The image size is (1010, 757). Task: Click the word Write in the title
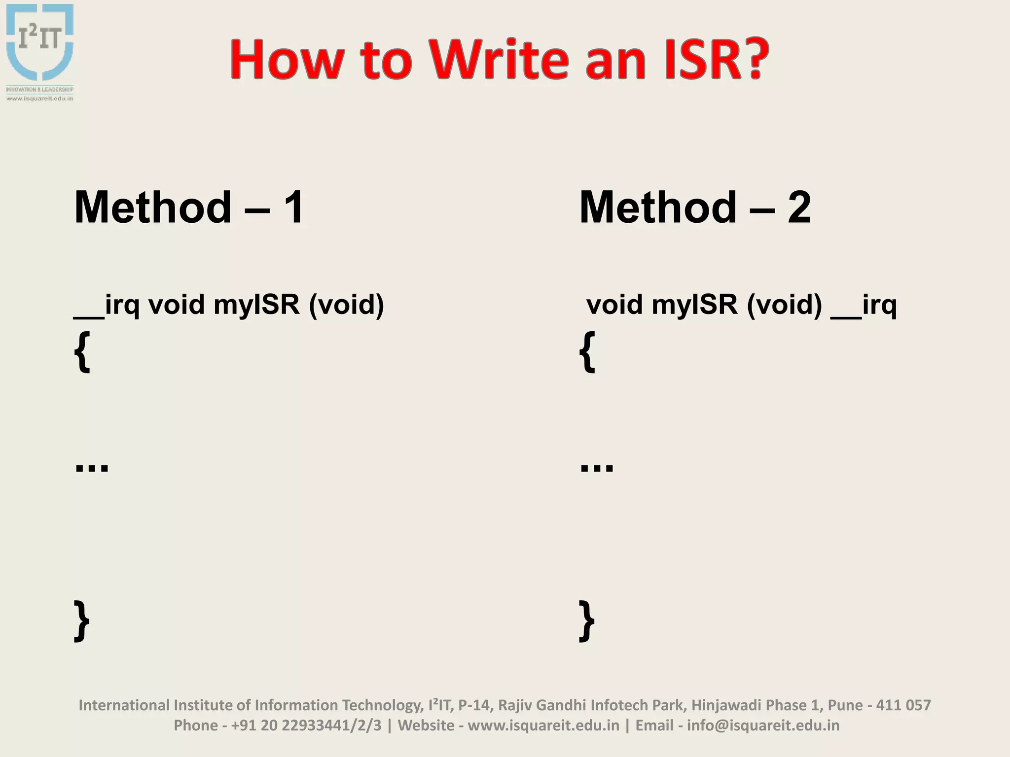[499, 60]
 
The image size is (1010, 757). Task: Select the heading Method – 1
[189, 207]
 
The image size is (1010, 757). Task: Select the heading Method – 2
[695, 207]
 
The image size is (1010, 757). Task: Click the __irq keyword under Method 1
[107, 305]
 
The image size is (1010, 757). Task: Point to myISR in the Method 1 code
[256, 304]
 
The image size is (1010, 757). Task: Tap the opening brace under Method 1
[82, 351]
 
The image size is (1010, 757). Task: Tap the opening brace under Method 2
[587, 351]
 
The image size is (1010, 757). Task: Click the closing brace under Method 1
[82, 620]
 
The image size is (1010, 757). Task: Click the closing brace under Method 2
[587, 620]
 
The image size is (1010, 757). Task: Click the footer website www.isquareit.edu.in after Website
[543, 725]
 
